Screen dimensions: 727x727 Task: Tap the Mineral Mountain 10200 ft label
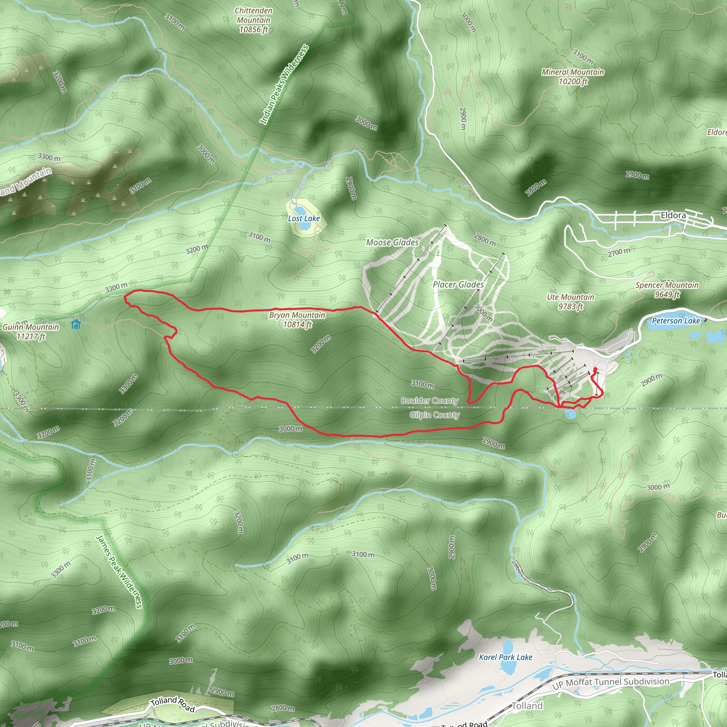(x=573, y=77)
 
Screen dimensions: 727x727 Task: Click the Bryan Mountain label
(x=297, y=319)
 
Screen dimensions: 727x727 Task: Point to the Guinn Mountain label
(x=31, y=332)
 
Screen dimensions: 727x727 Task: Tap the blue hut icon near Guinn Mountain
(x=76, y=324)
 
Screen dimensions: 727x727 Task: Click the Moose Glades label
(x=392, y=243)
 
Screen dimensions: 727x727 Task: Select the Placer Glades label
(x=458, y=284)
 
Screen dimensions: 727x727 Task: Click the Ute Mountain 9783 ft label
(x=570, y=302)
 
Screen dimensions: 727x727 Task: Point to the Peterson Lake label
(x=676, y=321)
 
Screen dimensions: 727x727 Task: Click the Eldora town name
(x=673, y=215)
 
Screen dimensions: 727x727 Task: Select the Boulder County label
(x=430, y=400)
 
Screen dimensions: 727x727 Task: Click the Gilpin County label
(x=434, y=415)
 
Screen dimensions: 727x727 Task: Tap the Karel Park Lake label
(x=505, y=657)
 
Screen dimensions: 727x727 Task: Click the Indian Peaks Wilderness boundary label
(x=284, y=85)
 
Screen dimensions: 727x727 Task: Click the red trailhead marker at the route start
(x=595, y=369)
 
